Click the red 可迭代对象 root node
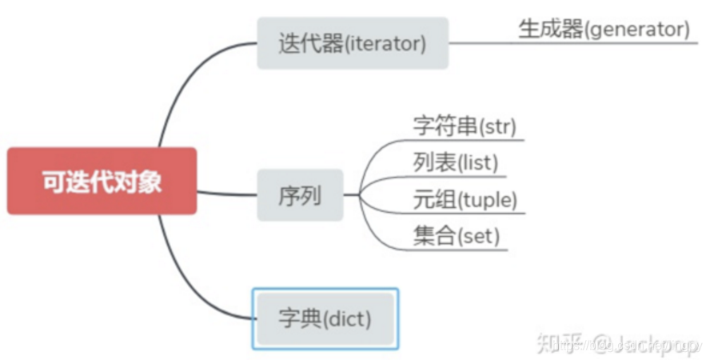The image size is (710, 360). (102, 181)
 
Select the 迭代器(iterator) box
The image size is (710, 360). (353, 43)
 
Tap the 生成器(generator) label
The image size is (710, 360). (604, 30)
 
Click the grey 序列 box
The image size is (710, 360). (300, 194)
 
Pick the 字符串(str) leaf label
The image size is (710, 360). (465, 126)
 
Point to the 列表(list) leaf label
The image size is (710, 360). (456, 162)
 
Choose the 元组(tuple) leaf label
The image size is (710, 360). (465, 198)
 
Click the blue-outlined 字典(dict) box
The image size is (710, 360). (325, 318)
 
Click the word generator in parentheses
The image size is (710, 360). (636, 30)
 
